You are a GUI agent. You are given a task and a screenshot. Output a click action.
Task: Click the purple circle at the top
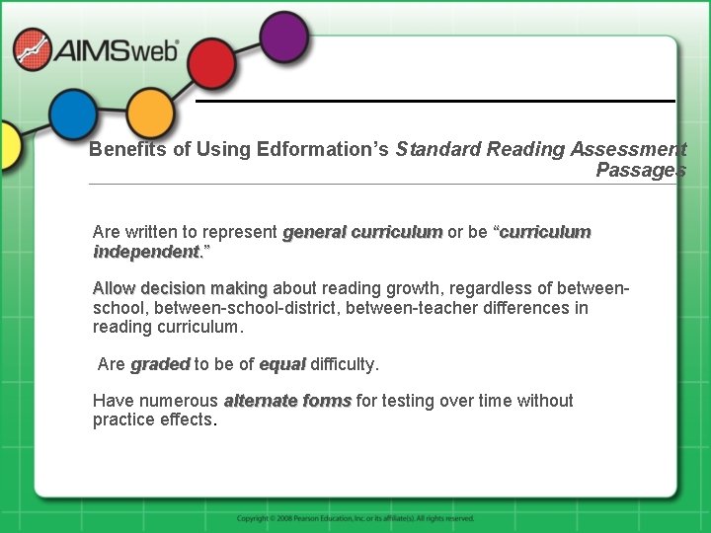point(284,35)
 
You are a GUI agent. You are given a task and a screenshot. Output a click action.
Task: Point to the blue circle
point(73,114)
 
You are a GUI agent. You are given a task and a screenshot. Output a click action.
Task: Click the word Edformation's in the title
point(322,150)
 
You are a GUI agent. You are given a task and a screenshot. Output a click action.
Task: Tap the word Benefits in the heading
point(121,150)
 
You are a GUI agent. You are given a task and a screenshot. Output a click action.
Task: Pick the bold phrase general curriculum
point(362,233)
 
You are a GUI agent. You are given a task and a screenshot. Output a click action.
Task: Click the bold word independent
point(145,252)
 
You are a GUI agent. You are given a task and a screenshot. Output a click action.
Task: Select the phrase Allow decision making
point(180,289)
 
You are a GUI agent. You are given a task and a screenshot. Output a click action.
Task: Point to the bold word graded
point(160,364)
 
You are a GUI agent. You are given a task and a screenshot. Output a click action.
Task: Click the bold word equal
point(282,364)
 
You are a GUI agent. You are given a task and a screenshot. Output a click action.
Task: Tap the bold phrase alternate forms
point(287,401)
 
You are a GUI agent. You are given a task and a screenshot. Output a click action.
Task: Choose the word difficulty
point(344,364)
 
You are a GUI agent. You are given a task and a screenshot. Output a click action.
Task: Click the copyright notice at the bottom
point(355,518)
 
